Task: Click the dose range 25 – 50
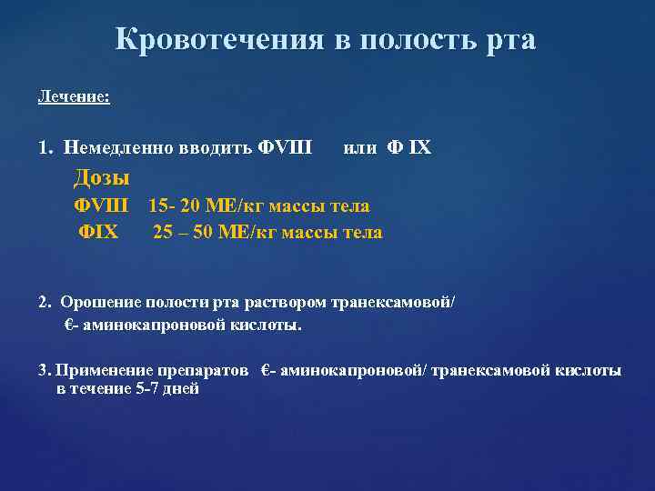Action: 183,232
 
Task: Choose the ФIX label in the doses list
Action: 98,232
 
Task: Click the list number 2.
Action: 45,302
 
